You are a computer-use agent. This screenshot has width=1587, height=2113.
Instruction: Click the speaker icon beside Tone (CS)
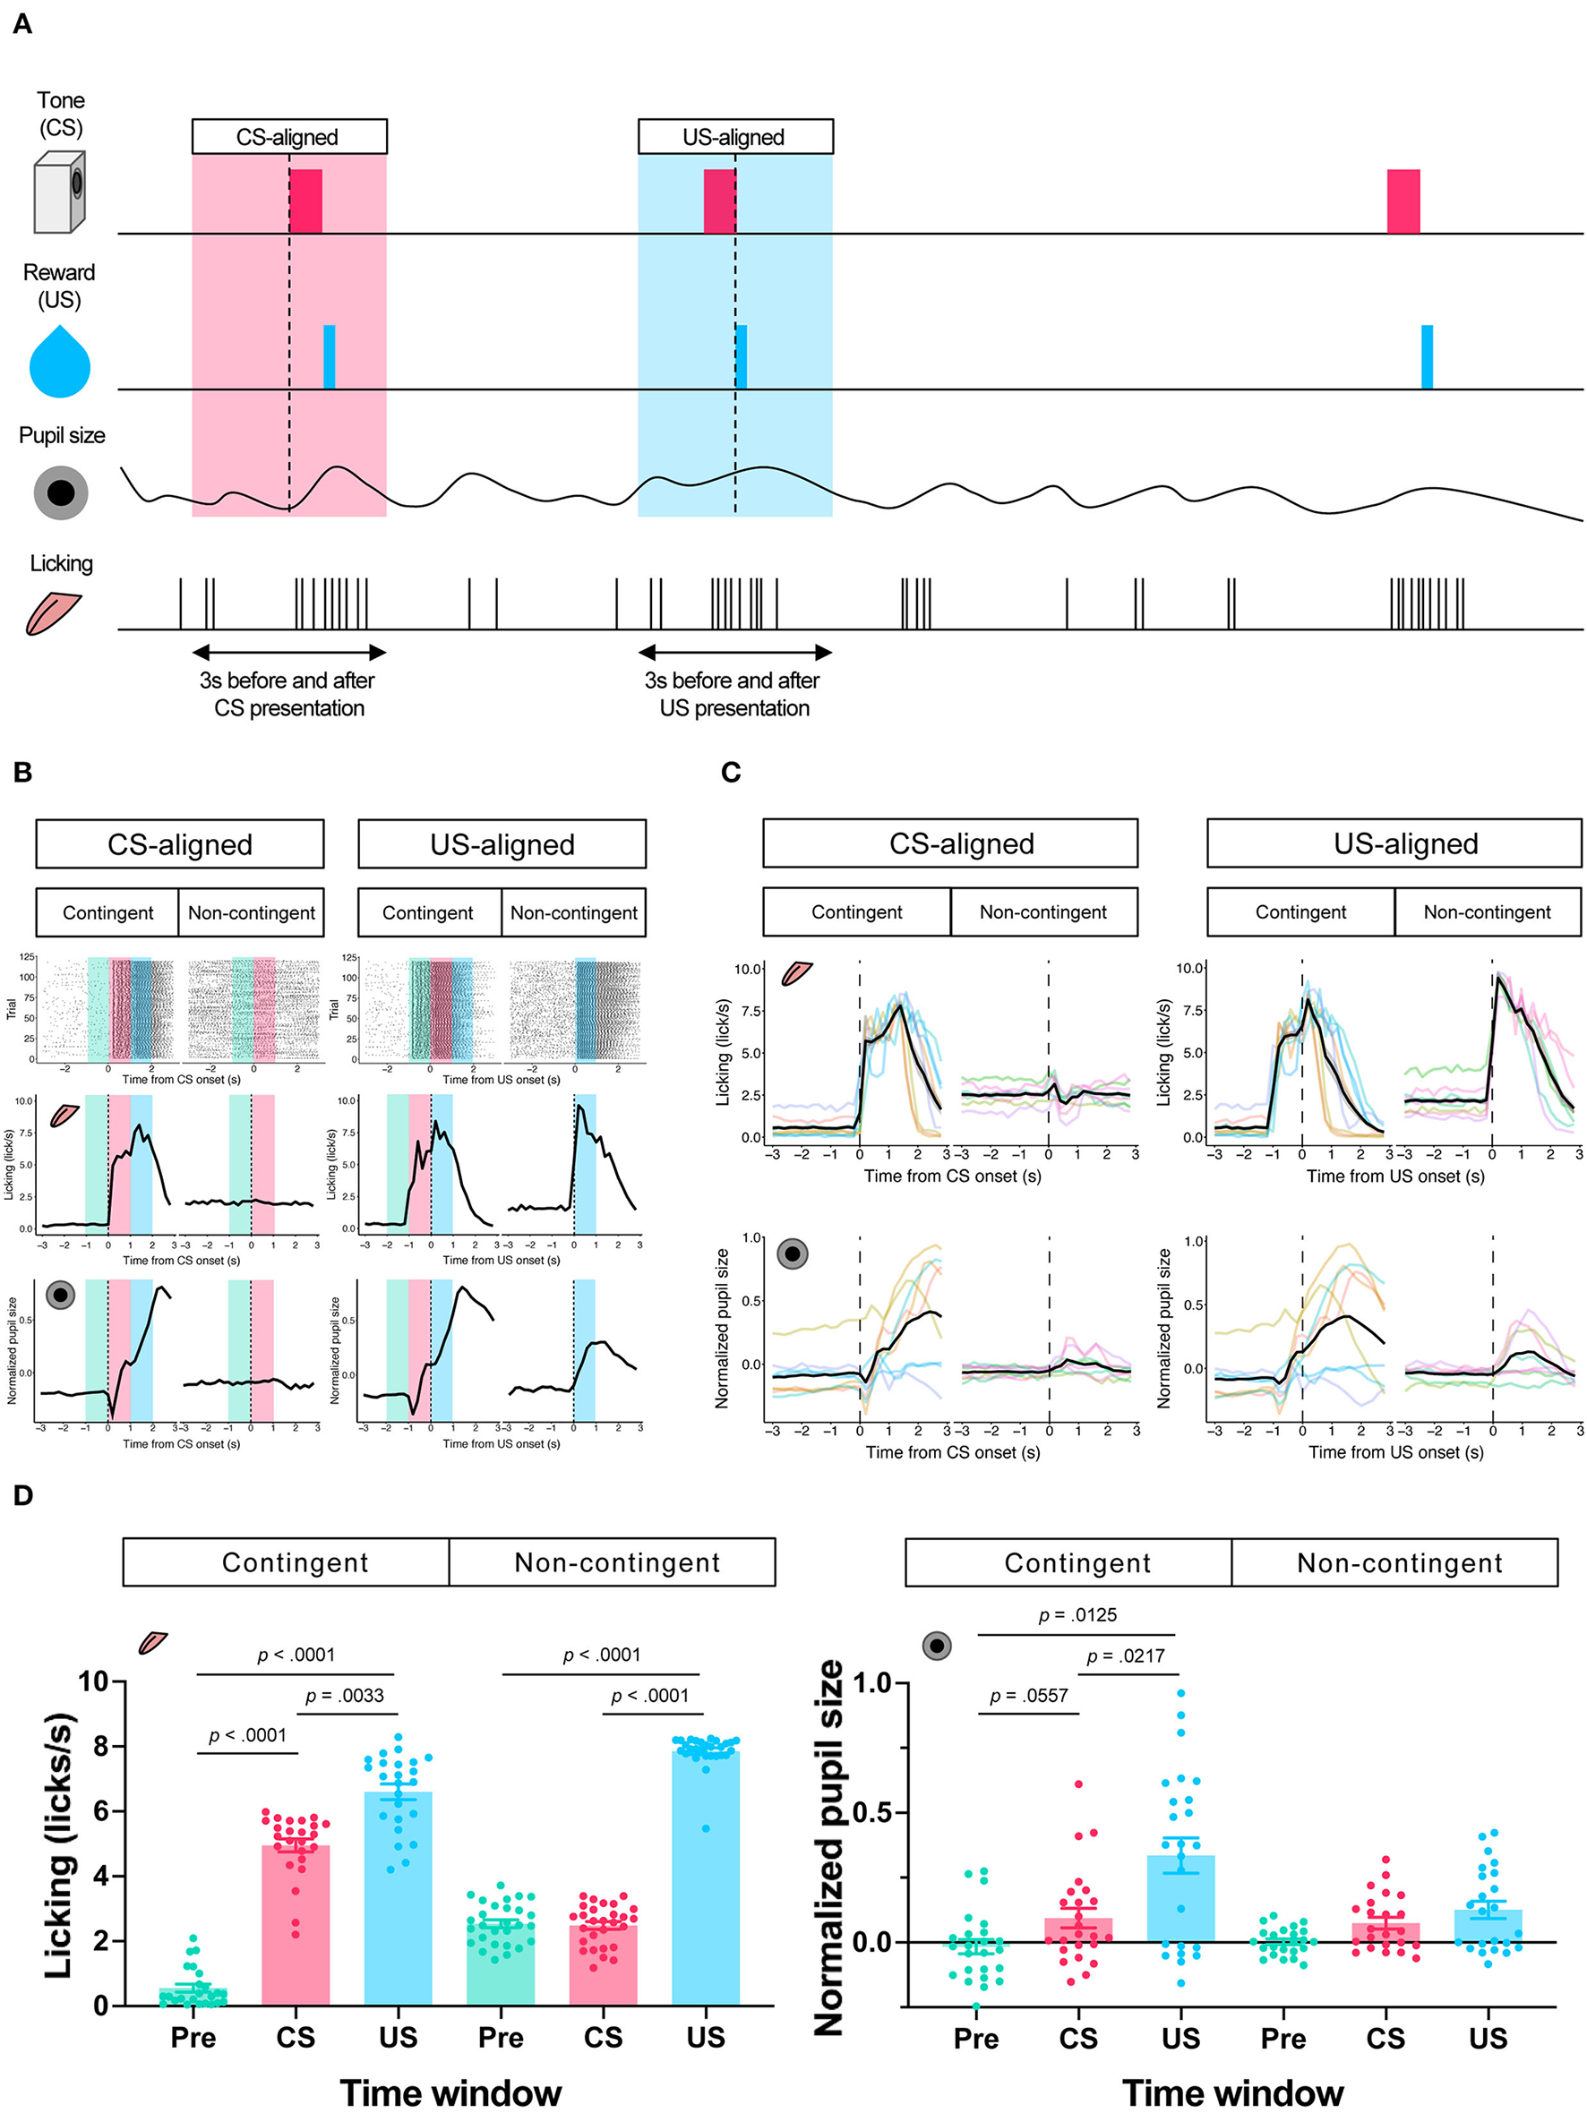59,192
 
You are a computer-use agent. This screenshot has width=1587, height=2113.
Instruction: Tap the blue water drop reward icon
59,361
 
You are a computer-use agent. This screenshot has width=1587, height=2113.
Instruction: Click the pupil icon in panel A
60,493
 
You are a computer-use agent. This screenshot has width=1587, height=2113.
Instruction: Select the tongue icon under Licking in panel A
54,613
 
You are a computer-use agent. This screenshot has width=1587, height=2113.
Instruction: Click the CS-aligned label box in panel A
288,137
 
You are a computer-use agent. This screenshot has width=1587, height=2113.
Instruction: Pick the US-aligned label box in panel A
734,137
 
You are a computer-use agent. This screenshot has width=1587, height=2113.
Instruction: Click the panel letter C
731,772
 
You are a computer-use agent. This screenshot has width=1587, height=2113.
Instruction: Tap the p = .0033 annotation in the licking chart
344,1696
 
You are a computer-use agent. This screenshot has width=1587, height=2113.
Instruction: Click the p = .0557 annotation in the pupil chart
1028,1696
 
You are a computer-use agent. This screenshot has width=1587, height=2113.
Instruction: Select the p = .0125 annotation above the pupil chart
1077,1615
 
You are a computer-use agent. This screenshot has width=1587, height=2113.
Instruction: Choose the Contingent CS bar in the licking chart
296,1925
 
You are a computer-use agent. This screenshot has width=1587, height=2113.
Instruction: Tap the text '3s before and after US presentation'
733,695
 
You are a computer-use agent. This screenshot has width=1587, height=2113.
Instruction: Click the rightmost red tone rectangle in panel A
1403,201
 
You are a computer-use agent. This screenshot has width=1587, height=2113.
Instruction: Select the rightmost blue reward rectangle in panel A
1427,356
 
